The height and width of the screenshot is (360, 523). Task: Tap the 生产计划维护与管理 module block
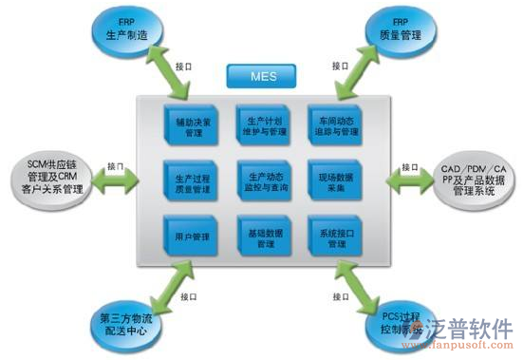tap(263, 127)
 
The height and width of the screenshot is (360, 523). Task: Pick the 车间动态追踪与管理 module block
tap(333, 127)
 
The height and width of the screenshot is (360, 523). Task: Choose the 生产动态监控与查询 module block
tap(263, 181)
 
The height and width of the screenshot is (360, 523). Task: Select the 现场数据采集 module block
tap(333, 181)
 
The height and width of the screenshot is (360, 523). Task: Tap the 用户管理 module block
tap(192, 237)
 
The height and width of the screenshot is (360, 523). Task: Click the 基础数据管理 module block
tap(263, 237)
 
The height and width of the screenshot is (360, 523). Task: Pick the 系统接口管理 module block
tap(333, 237)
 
